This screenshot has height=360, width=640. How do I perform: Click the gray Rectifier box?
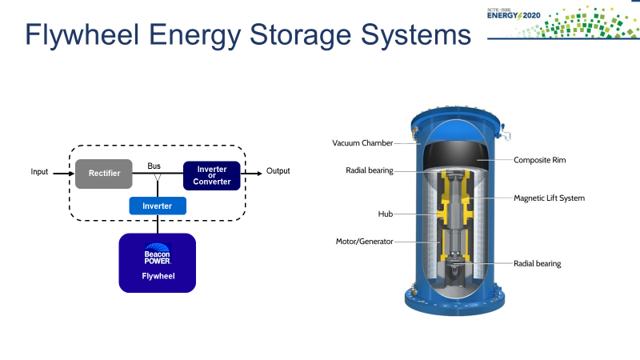(x=103, y=173)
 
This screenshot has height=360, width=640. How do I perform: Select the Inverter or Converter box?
(x=212, y=175)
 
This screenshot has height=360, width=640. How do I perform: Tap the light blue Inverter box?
(x=157, y=206)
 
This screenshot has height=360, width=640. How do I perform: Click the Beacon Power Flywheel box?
(x=158, y=262)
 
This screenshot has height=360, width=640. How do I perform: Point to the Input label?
(x=40, y=171)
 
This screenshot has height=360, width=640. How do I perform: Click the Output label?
(x=278, y=171)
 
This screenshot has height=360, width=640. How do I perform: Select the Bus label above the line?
(x=154, y=166)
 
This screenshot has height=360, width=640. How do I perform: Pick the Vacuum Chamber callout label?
(x=362, y=143)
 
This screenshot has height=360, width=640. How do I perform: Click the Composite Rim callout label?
(x=540, y=160)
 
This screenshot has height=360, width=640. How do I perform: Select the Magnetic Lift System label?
(x=549, y=198)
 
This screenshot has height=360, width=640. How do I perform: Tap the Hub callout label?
(x=386, y=214)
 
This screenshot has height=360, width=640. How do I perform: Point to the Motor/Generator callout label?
(x=364, y=241)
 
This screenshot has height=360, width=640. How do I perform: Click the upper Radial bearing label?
(x=370, y=170)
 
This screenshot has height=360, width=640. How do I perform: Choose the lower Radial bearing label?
(x=538, y=263)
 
